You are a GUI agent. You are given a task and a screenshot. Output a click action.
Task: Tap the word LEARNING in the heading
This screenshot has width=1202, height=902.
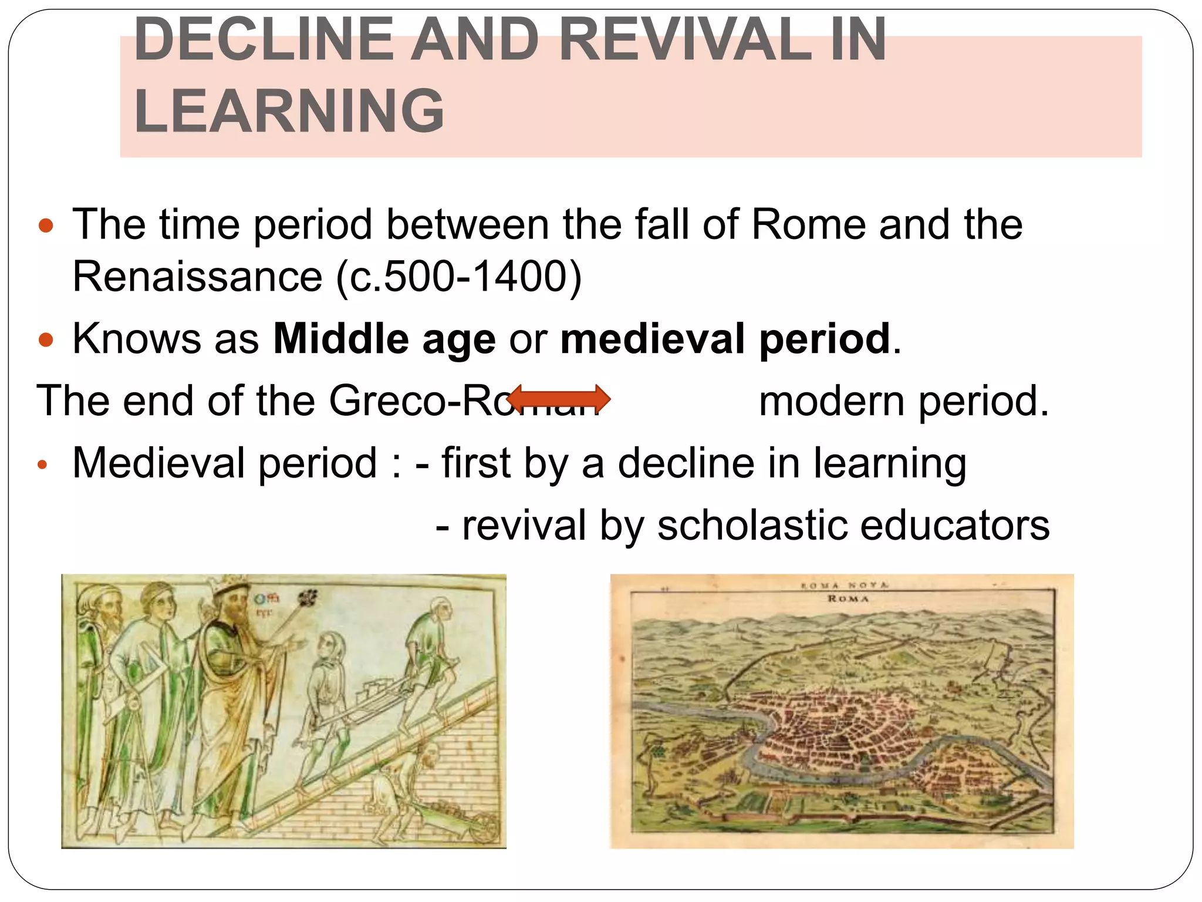(x=289, y=110)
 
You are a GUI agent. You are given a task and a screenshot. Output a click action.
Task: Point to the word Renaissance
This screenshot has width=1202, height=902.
(x=197, y=276)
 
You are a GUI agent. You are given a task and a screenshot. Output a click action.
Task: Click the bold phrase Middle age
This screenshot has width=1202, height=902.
(x=384, y=339)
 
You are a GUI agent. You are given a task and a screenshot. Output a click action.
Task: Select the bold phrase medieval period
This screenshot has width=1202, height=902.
(x=725, y=339)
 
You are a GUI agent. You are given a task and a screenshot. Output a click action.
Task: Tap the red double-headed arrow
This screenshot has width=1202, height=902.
(x=558, y=399)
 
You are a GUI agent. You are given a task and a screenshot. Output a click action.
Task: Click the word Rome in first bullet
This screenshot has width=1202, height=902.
(x=809, y=224)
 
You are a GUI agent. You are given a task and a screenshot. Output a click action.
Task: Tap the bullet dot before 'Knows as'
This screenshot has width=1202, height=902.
(x=45, y=339)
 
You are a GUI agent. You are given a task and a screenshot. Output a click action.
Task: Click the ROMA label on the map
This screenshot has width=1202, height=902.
(x=848, y=598)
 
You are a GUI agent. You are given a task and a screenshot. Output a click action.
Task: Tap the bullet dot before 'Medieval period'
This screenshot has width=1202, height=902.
(x=42, y=465)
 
